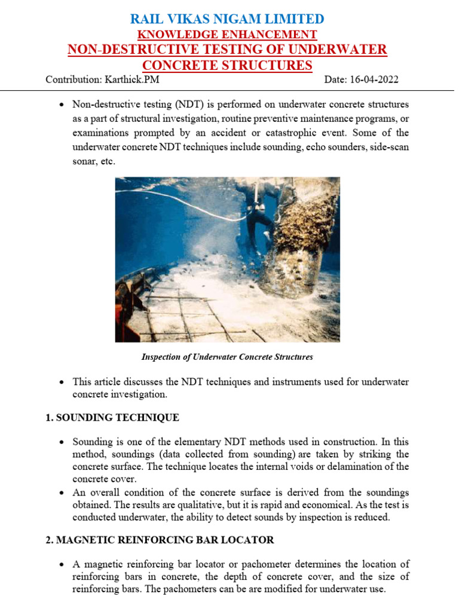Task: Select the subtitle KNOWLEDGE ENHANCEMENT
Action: coord(228,35)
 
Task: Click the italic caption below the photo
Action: coord(227,357)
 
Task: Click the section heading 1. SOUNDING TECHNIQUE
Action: coord(112,418)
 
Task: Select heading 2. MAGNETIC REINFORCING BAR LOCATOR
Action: coord(160,540)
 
